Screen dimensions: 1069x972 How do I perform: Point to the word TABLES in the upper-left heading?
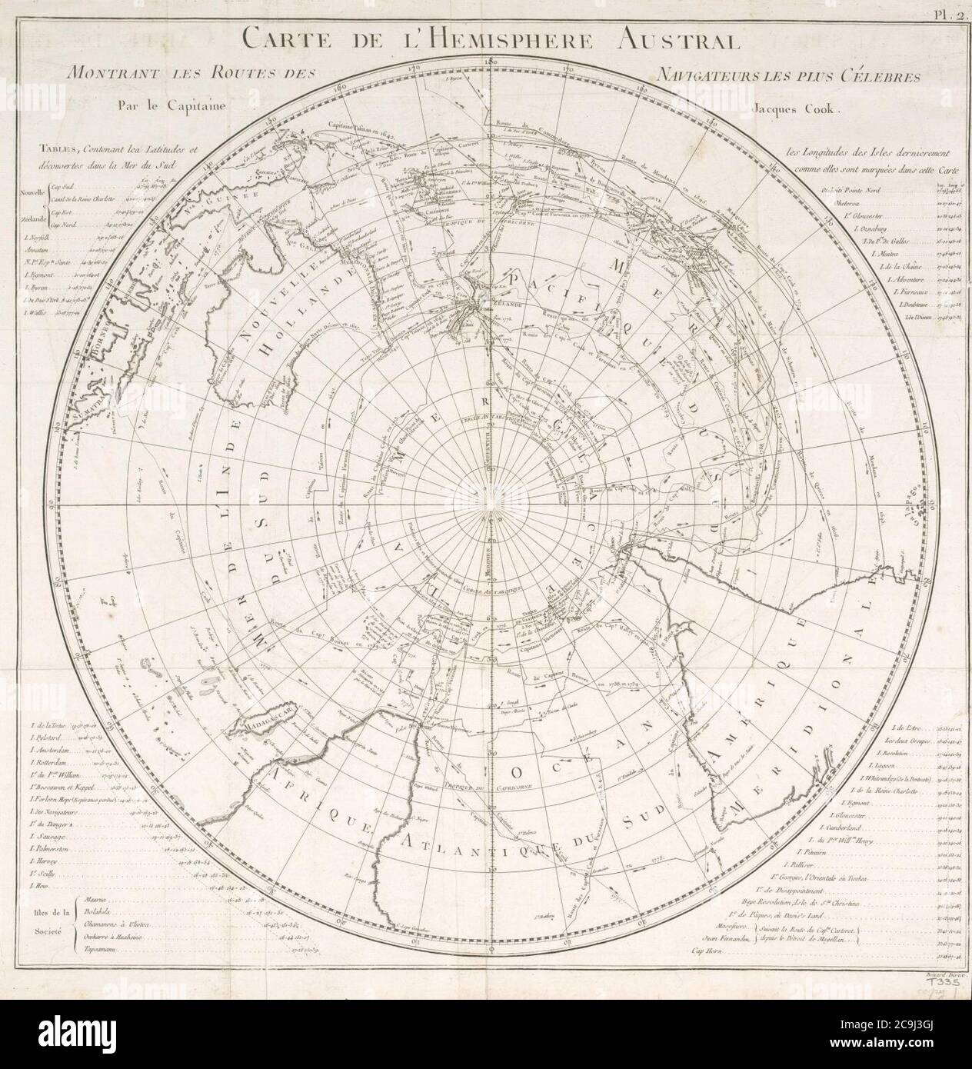click(59, 151)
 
